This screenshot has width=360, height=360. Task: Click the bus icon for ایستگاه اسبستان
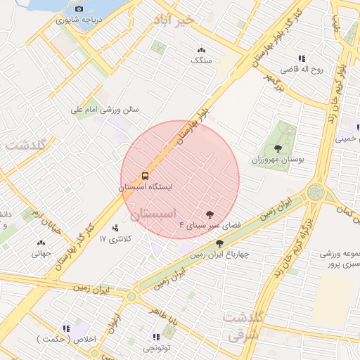(145, 175)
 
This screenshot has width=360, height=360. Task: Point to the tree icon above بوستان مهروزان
(278, 148)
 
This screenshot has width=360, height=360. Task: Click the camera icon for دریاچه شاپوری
(79, 9)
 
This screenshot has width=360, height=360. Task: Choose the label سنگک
(202, 60)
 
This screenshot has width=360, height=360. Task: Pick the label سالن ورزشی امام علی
(105, 110)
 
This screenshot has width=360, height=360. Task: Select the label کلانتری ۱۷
(116, 239)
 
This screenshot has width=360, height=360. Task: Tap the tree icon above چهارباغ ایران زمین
(219, 243)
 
